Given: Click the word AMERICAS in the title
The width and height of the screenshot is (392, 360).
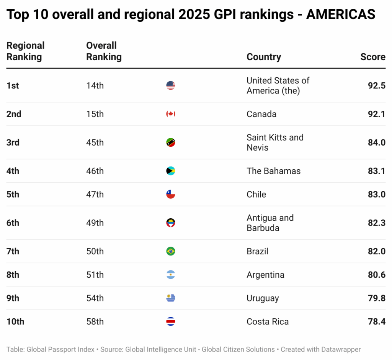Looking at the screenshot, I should tap(341, 15).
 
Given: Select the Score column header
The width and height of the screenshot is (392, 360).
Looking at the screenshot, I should tap(372, 57).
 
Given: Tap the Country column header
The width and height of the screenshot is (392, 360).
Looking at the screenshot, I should tap(263, 57).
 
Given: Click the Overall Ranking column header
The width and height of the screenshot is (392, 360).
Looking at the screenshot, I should tap(103, 51).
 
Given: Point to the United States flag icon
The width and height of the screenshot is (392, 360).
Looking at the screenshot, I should tap(171, 85).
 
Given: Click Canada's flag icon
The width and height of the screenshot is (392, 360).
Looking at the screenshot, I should tap(171, 114).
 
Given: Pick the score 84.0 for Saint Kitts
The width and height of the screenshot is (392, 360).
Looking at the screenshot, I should tap(376, 142).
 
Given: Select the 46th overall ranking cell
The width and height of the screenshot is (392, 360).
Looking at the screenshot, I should tap(95, 171).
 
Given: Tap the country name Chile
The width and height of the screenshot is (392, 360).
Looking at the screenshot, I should tap(256, 194).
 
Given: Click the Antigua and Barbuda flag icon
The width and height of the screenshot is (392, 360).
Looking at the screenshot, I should tap(171, 223).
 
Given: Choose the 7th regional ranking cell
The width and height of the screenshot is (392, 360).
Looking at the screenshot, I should tap(13, 251).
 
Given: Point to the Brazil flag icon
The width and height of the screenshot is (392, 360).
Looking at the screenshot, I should tap(171, 251).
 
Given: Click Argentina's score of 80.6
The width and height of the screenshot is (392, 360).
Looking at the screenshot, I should tap(376, 275).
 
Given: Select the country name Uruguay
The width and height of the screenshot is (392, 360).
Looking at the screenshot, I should tap(263, 298).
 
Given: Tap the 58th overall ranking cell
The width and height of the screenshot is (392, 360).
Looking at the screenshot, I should tap(95, 322).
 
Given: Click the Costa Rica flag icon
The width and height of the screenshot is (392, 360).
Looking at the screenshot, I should tap(171, 322).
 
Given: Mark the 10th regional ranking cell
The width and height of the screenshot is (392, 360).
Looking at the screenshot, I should tap(15, 322).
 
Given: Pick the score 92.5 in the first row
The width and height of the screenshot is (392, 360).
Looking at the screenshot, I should tap(376, 85).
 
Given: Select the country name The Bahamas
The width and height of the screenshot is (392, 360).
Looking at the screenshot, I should tap(273, 171).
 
